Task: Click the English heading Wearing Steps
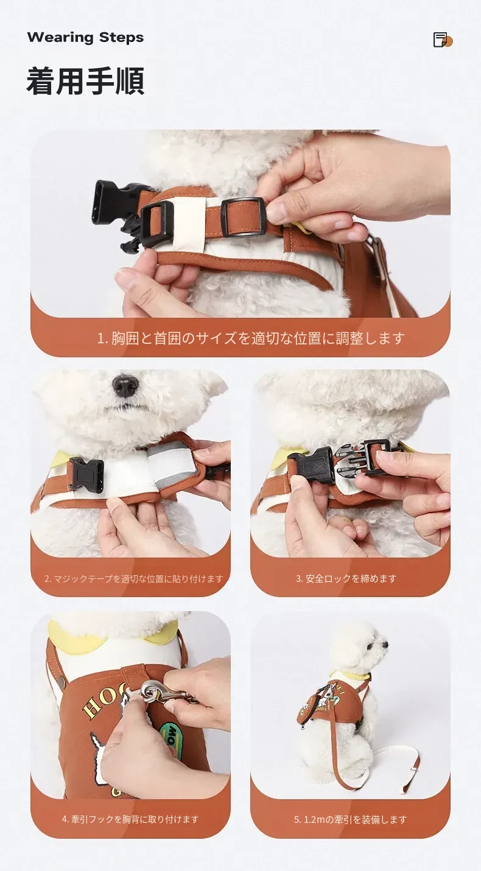86,38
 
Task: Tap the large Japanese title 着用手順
86,82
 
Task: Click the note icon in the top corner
443,40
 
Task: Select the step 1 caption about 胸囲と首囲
251,338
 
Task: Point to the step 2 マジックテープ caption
134,579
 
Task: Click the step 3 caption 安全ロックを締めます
346,579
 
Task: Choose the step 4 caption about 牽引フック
130,819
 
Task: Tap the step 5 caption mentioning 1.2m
350,820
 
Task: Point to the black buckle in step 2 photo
86,474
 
